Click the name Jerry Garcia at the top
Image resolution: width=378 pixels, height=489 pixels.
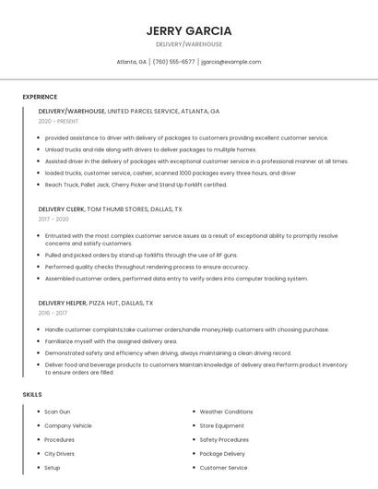pyautogui.click(x=189, y=30)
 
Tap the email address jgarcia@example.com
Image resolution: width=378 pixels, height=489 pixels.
pyautogui.click(x=230, y=62)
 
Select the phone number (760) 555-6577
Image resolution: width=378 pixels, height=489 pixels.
pyautogui.click(x=173, y=62)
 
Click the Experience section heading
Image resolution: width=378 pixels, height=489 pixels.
pyautogui.click(x=40, y=97)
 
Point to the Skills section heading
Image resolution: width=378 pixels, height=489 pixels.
pyautogui.click(x=32, y=395)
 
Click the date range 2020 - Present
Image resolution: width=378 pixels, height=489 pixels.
pyautogui.click(x=58, y=121)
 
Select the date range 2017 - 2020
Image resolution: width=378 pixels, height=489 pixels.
pyautogui.click(x=53, y=220)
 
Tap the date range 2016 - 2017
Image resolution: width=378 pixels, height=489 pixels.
pyautogui.click(x=53, y=313)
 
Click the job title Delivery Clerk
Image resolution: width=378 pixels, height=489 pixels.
pyautogui.click(x=61, y=209)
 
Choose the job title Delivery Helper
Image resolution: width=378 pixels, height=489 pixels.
pyautogui.click(x=63, y=303)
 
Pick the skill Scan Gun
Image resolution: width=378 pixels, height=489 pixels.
pyautogui.click(x=57, y=411)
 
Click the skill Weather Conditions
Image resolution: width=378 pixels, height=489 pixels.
pyautogui.click(x=226, y=411)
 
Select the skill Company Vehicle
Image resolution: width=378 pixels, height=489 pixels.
pyautogui.click(x=68, y=425)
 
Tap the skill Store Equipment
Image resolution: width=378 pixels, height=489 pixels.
pyautogui.click(x=221, y=425)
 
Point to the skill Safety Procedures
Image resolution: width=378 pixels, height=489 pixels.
pyautogui.click(x=224, y=440)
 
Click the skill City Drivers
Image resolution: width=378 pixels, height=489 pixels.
pyautogui.click(x=60, y=454)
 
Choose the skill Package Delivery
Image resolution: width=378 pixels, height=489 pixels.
pyautogui.click(x=222, y=454)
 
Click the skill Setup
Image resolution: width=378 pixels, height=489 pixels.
pyautogui.click(x=53, y=468)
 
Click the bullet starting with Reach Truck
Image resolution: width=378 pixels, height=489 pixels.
pyautogui.click(x=136, y=185)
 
